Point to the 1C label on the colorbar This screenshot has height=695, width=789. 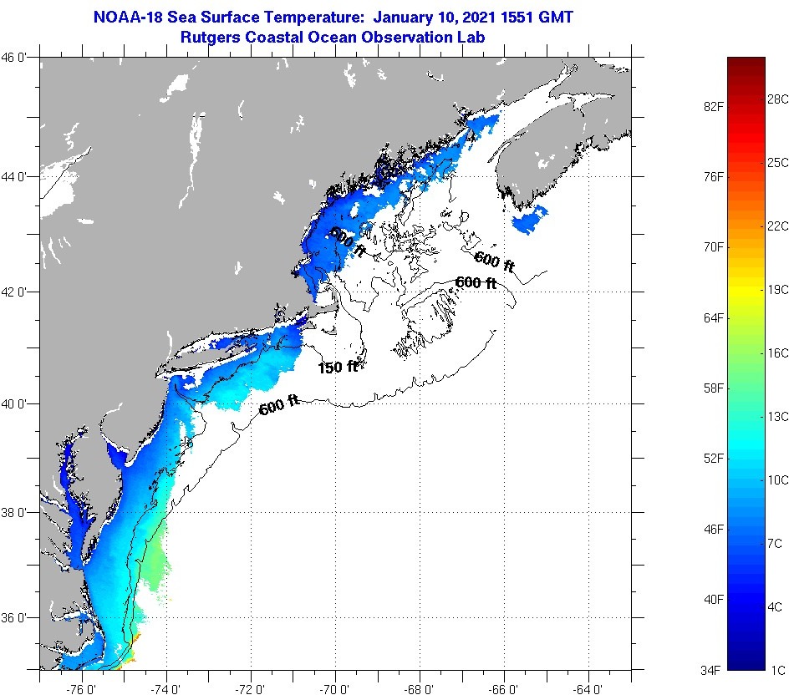[775, 670]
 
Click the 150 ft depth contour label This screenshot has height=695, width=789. [338, 367]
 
